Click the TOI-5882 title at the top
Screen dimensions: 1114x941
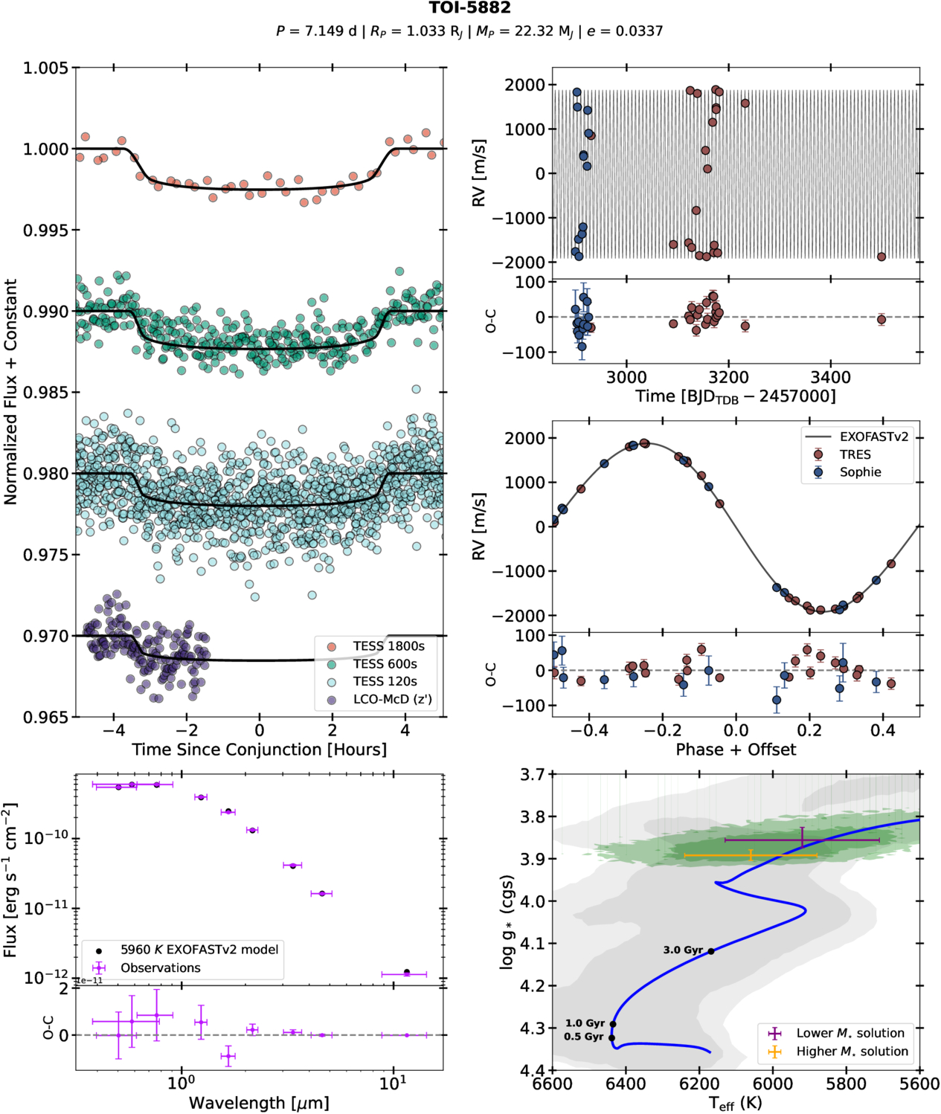[469, 8]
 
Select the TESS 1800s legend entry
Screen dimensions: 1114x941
[388, 646]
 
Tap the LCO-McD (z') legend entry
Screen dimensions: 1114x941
[392, 699]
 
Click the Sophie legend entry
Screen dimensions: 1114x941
[860, 472]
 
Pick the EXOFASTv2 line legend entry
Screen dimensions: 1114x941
[873, 437]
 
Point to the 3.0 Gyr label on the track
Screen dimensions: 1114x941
[683, 950]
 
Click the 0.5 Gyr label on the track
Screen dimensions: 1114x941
[584, 1037]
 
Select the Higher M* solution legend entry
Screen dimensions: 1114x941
[852, 1052]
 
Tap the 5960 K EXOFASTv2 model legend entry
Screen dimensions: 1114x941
[199, 950]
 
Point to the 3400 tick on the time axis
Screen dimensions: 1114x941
[831, 377]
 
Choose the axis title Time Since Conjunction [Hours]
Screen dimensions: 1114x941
[259, 750]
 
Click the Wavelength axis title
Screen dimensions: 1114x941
[259, 1103]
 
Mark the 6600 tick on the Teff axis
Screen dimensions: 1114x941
[552, 1084]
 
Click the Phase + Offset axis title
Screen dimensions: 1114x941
[736, 750]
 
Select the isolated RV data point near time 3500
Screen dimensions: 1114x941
[881, 257]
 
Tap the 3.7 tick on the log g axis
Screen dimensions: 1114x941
[533, 774]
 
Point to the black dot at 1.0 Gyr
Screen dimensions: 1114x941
[613, 1024]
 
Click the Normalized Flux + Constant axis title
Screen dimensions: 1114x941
[10, 392]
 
